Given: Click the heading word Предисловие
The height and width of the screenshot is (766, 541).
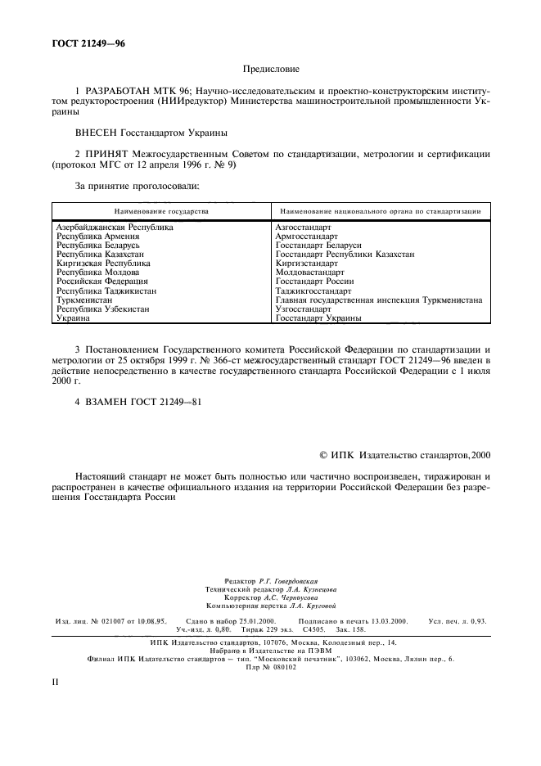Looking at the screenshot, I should [272, 70].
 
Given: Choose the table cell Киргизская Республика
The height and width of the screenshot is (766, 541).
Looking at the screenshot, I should [103, 264].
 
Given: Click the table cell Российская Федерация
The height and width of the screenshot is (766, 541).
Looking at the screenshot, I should [101, 282].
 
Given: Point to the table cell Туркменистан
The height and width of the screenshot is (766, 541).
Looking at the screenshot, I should [84, 300].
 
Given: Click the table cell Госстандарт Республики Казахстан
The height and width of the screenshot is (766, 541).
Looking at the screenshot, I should [345, 255].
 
